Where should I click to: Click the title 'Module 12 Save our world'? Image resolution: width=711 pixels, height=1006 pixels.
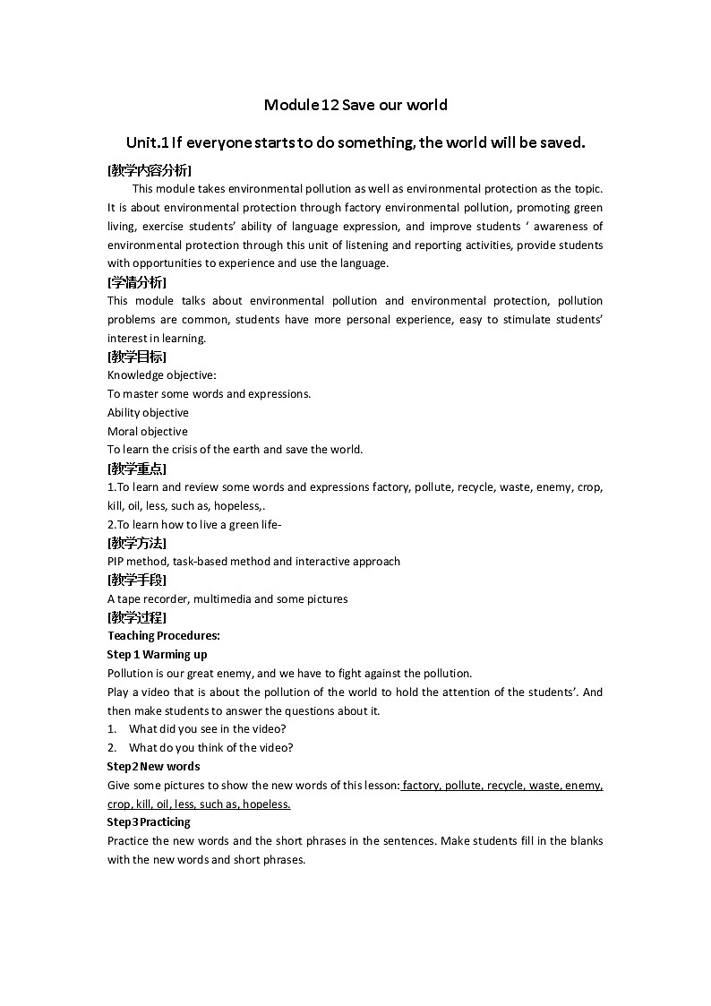click(355, 105)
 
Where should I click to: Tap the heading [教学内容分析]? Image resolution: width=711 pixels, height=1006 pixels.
click(149, 170)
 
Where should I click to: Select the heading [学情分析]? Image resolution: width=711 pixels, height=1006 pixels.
click(136, 282)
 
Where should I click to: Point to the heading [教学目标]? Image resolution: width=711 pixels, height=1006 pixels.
click(136, 357)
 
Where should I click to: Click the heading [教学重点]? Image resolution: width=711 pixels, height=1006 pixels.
click(136, 469)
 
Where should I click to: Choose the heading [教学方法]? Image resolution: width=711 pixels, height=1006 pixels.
click(136, 543)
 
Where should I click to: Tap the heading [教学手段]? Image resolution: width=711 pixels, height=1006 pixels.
click(136, 580)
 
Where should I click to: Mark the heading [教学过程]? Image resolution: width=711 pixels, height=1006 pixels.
click(136, 617)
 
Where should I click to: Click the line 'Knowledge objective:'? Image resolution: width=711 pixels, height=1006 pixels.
click(162, 375)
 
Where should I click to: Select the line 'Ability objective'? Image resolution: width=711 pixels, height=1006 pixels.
click(148, 413)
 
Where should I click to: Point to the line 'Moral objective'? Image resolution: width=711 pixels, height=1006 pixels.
click(148, 432)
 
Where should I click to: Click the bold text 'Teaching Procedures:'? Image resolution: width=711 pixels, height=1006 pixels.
click(164, 636)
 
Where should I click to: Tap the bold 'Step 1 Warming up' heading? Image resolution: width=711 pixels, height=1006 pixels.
click(157, 655)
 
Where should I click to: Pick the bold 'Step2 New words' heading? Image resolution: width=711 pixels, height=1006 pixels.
click(153, 767)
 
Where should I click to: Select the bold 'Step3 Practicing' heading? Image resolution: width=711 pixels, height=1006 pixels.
click(149, 822)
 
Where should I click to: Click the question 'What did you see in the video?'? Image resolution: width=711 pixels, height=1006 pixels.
click(207, 729)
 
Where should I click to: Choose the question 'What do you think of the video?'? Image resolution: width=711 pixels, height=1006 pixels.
click(210, 748)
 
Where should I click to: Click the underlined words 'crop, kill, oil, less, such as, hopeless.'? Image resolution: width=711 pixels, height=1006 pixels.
click(199, 804)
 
